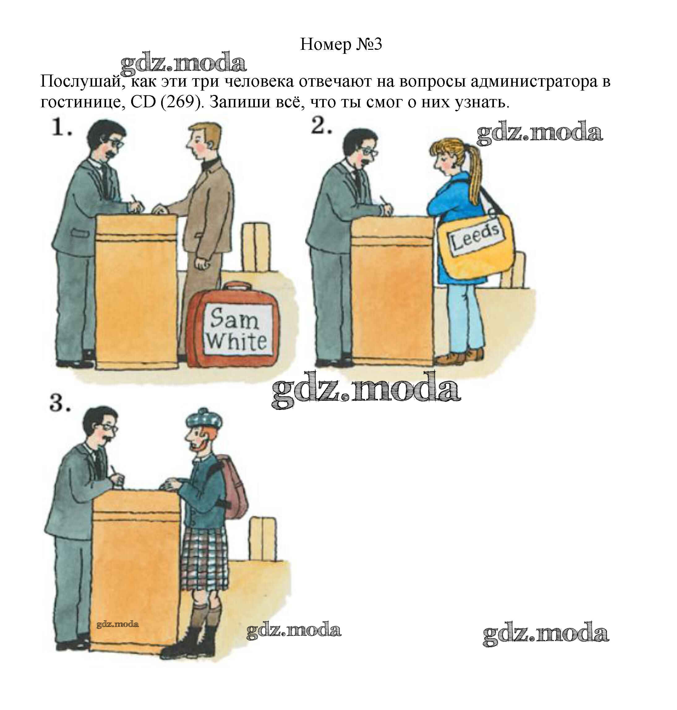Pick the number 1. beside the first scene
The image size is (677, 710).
click(x=61, y=127)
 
